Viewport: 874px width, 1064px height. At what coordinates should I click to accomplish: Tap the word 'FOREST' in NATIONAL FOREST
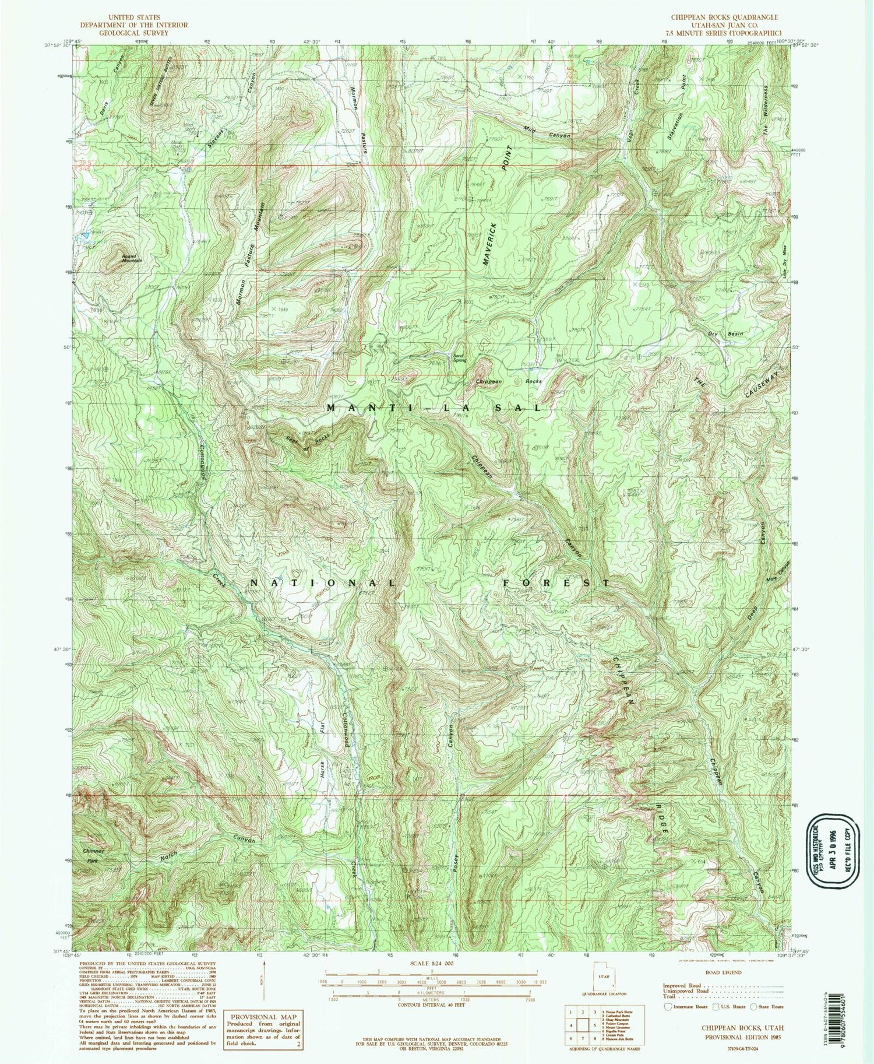pyautogui.click(x=556, y=582)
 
